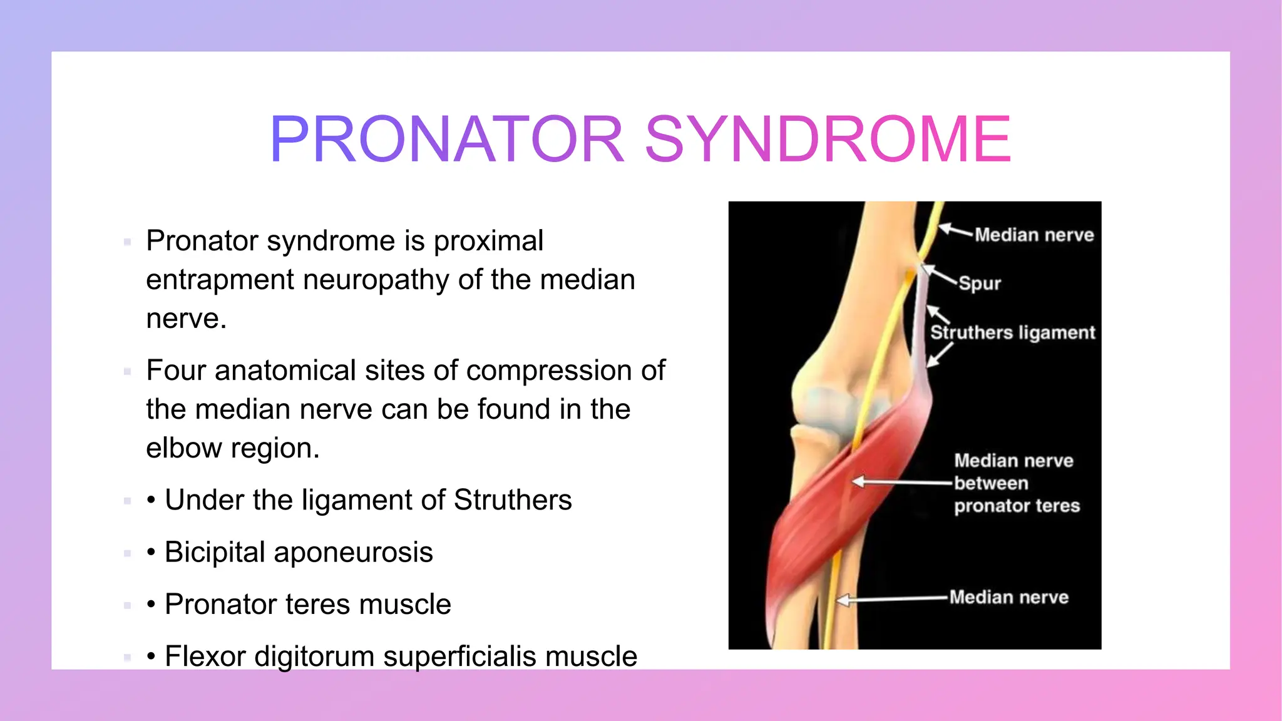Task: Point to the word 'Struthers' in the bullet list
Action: pos(513,500)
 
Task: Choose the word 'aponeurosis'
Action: pos(353,553)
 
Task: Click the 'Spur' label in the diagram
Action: pos(980,284)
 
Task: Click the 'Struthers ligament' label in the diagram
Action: pos(1013,332)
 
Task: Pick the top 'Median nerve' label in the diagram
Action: pos(1034,235)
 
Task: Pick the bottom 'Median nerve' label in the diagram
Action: pos(1008,597)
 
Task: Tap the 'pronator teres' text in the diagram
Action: pos(1017,506)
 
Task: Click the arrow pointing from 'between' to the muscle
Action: pos(901,482)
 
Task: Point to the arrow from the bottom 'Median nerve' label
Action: pos(892,600)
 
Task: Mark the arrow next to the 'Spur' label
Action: pos(940,274)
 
